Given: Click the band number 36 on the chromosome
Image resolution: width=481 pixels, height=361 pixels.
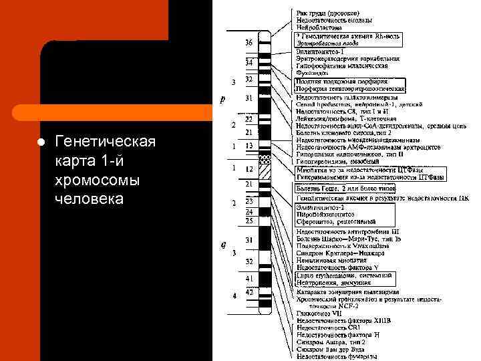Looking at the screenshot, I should [x=249, y=42].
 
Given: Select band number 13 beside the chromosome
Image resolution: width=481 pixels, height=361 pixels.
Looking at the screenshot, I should [x=249, y=146].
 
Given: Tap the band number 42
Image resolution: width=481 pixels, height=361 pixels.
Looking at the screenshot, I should [x=249, y=291].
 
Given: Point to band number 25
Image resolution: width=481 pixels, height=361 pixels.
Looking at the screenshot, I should [x=249, y=220].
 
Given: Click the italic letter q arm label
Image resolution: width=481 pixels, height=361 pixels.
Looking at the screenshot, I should [x=222, y=243].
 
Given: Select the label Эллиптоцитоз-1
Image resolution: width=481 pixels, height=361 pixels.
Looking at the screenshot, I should [x=321, y=51].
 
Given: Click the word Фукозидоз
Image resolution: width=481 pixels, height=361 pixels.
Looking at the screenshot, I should [x=311, y=73].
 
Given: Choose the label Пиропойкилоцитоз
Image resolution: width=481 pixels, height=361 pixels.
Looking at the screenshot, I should [x=327, y=214].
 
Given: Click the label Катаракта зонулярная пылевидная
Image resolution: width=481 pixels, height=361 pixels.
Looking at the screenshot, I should [x=348, y=292].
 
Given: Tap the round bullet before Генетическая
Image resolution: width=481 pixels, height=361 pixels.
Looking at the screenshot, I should [x=41, y=143].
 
